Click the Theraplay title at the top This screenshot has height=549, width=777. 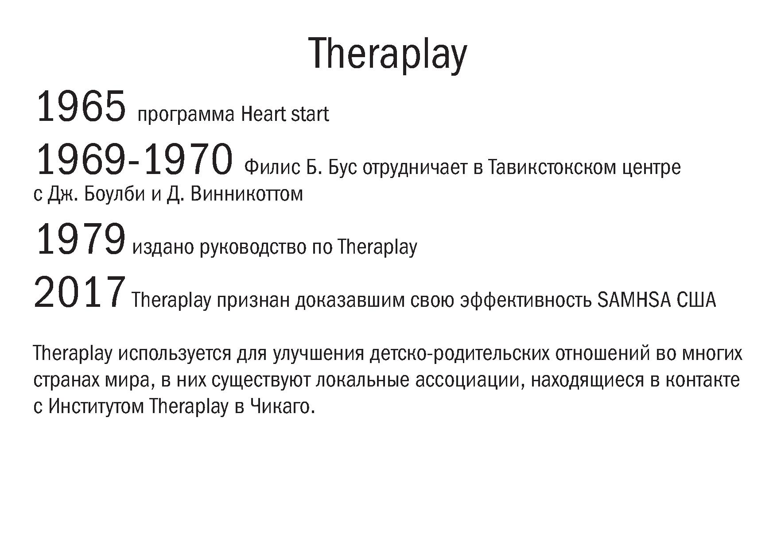pos(388,54)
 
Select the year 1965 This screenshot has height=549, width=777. pos(81,107)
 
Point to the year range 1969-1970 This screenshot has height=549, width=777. pos(133,160)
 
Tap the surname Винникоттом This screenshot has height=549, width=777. pos(246,194)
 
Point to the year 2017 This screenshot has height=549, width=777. pos(79,292)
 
